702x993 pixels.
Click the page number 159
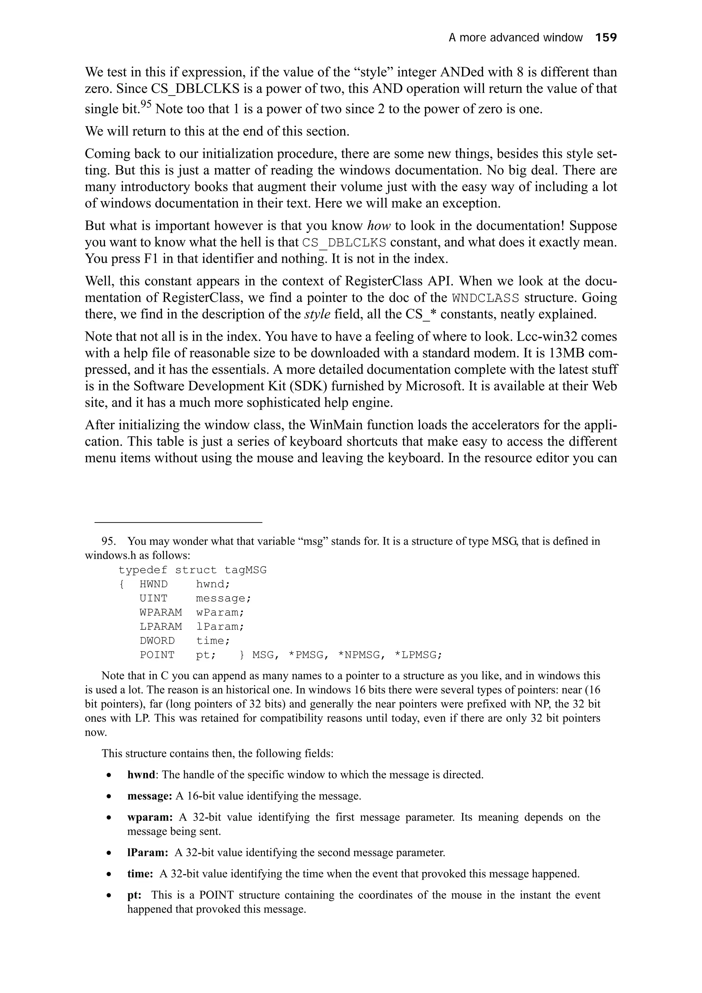click(606, 38)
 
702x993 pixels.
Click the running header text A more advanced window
click(516, 38)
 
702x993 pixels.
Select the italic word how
click(379, 226)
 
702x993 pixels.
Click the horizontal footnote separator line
click(178, 523)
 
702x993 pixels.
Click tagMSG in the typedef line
click(245, 570)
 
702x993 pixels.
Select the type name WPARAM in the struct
click(160, 612)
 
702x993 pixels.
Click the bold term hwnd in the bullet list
click(141, 775)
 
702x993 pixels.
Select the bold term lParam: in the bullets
click(147, 853)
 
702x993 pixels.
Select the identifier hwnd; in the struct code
click(213, 584)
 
